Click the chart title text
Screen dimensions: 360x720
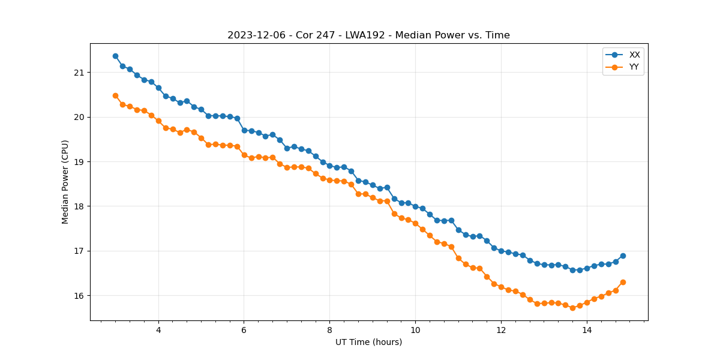(368, 35)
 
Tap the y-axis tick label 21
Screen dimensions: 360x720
(79, 73)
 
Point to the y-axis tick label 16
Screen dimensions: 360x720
(79, 296)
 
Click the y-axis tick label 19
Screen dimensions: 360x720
(79, 162)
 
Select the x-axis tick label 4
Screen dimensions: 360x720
(158, 330)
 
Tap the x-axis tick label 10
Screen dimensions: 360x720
(415, 330)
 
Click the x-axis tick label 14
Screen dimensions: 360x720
(587, 330)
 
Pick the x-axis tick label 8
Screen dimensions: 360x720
(329, 330)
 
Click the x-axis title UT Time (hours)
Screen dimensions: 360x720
(368, 343)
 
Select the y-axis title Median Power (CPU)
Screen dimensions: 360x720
(65, 182)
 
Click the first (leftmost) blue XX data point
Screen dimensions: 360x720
(115, 56)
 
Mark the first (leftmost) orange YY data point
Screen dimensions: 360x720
(115, 95)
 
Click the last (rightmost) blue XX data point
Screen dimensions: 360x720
(623, 256)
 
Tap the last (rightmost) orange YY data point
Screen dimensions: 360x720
(623, 282)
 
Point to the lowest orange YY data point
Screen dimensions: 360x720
(572, 308)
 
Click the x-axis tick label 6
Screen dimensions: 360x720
(244, 330)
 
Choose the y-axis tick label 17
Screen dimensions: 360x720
(79, 251)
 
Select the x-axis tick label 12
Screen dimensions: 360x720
(501, 330)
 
